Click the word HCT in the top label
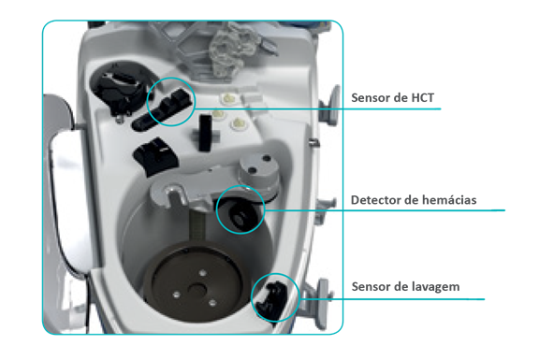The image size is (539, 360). (422, 97)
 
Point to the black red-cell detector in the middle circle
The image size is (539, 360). (240, 213)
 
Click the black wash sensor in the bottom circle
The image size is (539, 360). (271, 298)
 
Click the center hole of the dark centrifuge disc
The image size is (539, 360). (197, 291)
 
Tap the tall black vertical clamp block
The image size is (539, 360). (205, 133)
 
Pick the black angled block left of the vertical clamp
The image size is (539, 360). (155, 155)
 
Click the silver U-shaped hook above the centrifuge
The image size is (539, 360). (175, 194)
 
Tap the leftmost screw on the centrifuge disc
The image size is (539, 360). (176, 295)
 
